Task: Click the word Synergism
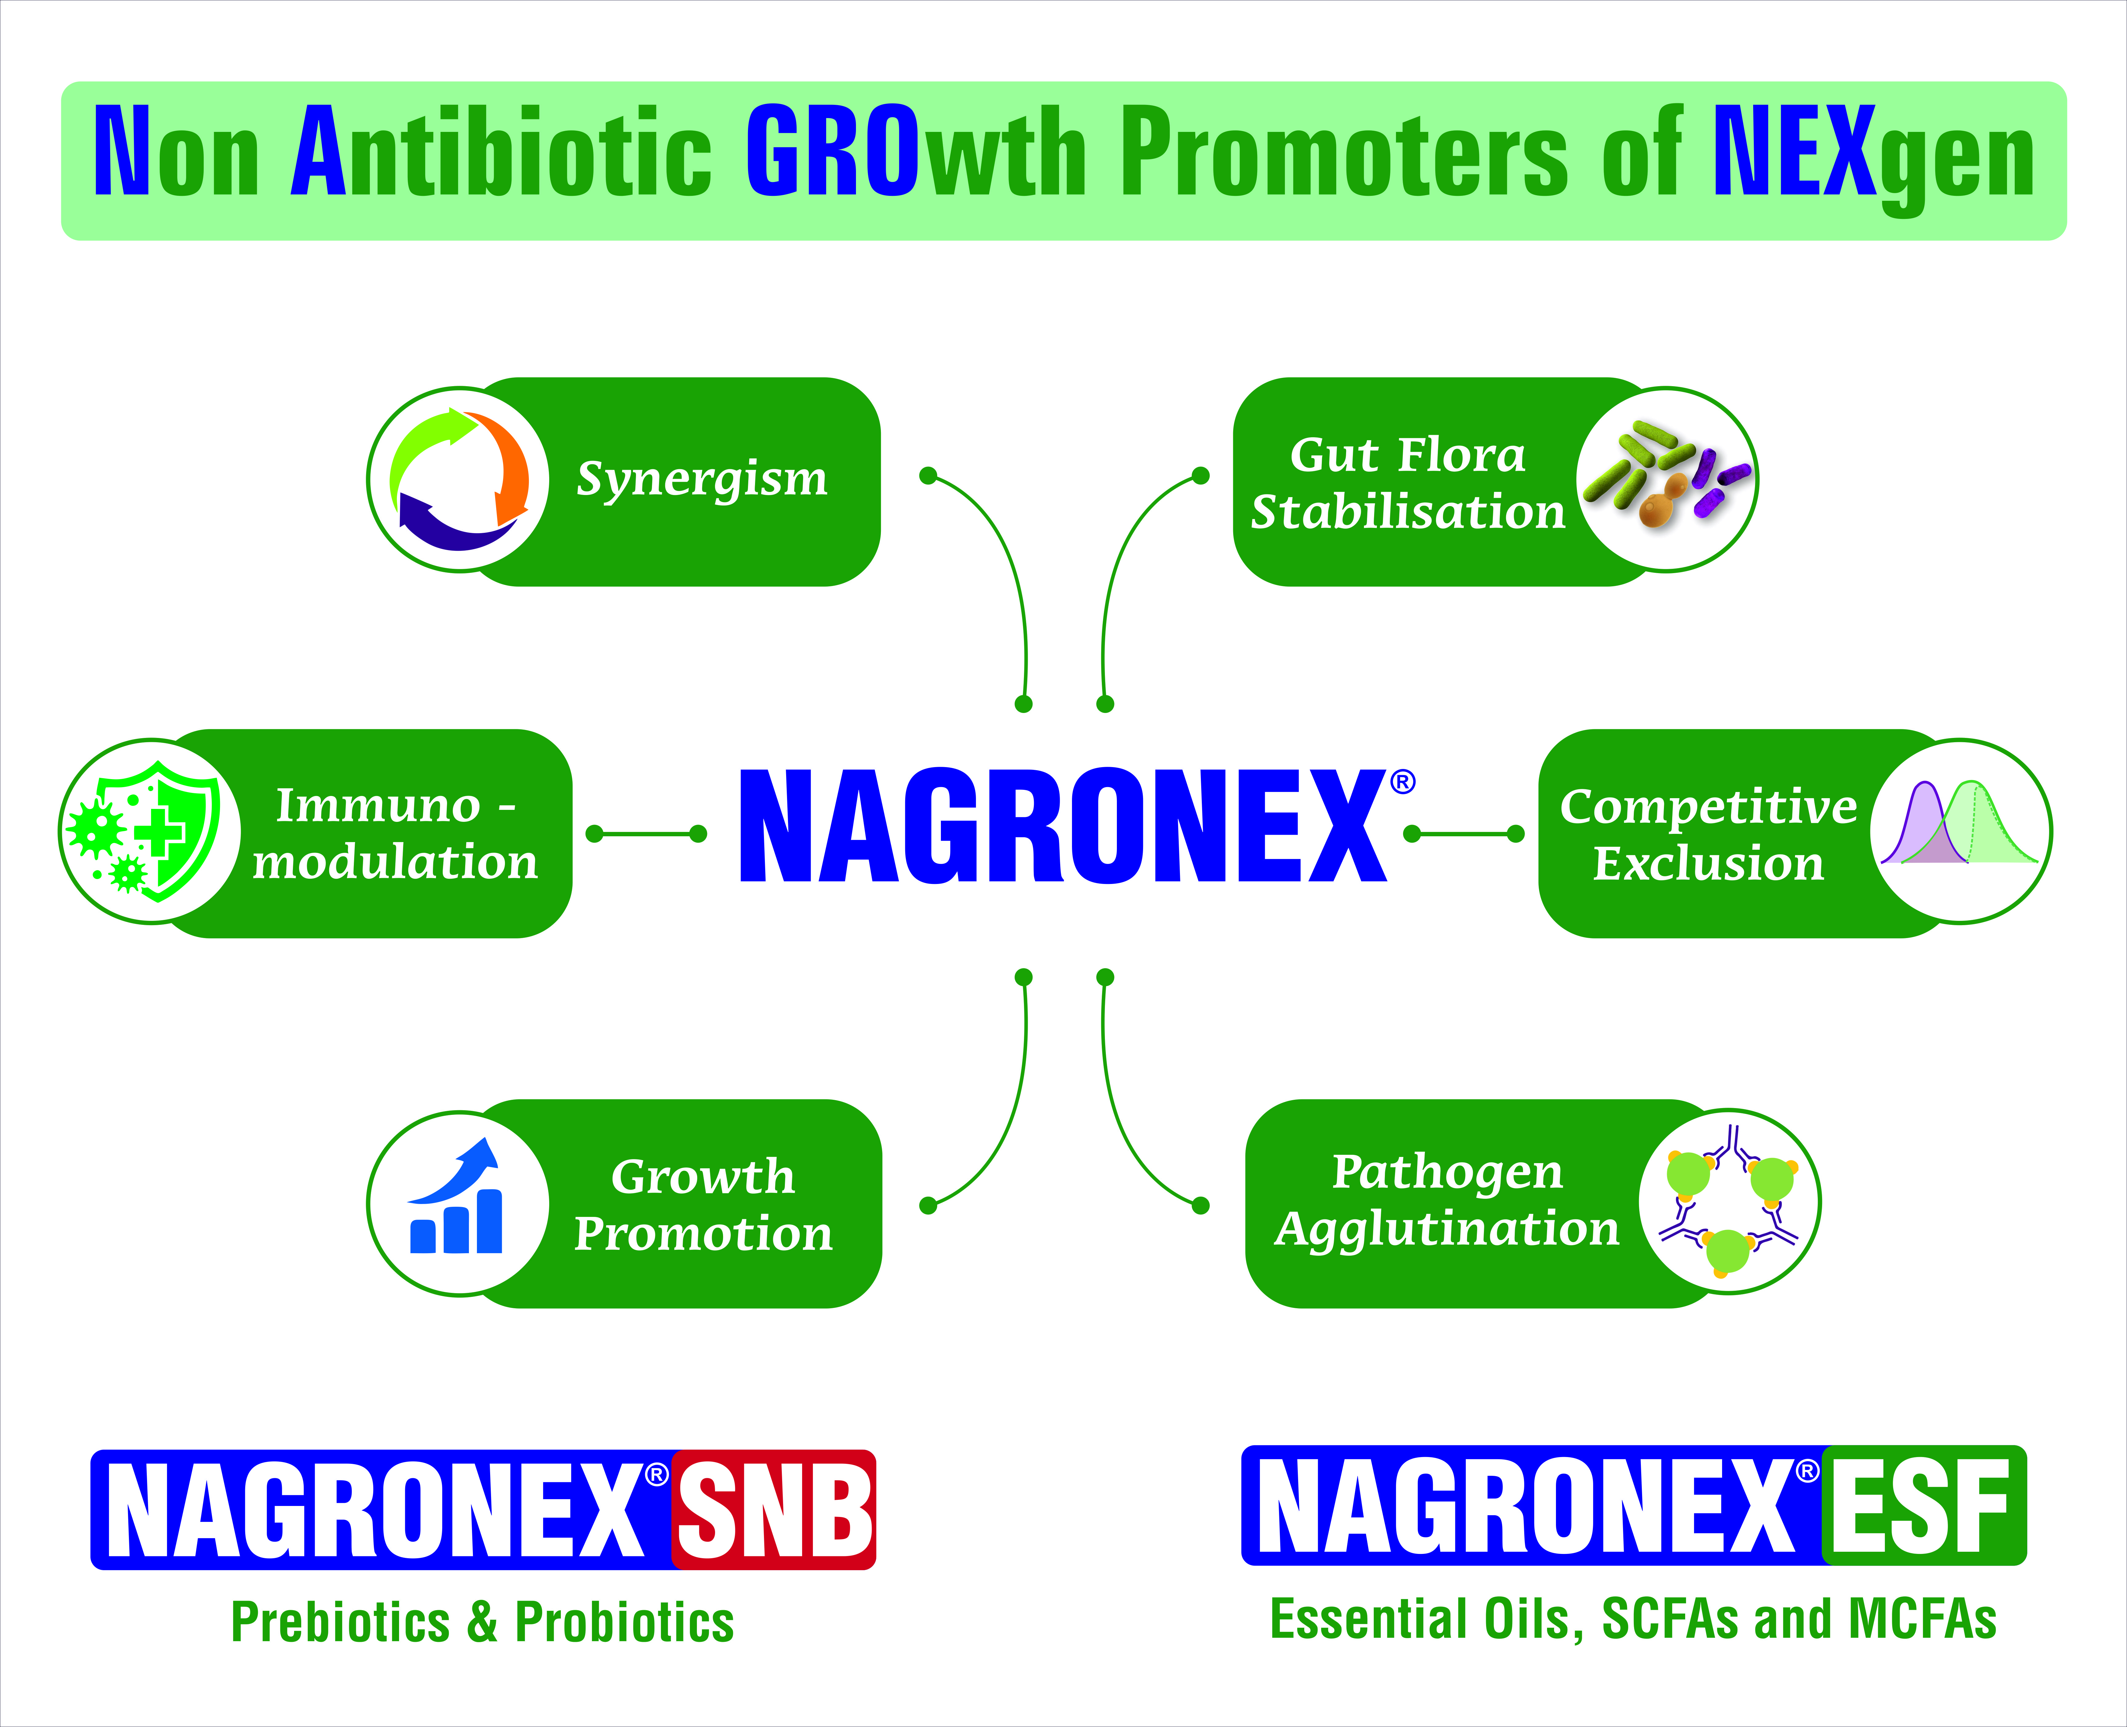[x=702, y=480]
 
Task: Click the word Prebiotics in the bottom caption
[x=340, y=1622]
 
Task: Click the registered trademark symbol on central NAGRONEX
[x=1402, y=783]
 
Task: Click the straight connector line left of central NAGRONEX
[x=647, y=834]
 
